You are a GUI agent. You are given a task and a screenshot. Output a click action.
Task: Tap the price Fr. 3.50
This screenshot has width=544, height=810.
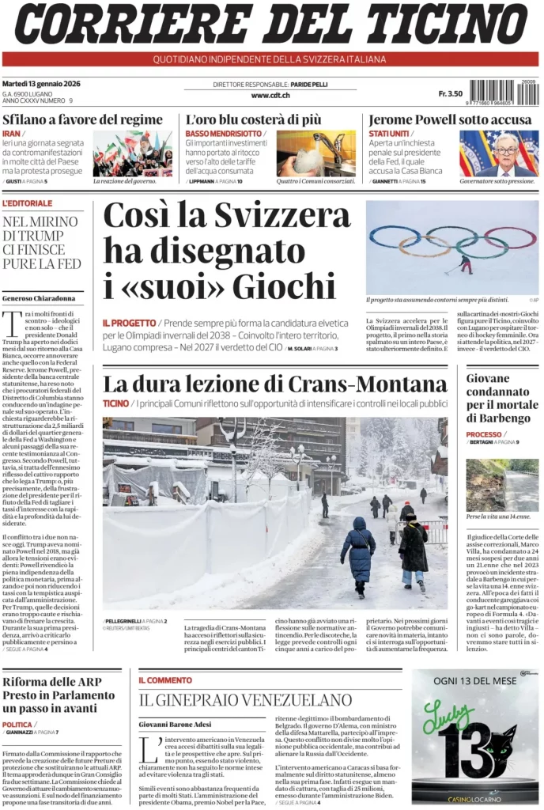click(x=450, y=94)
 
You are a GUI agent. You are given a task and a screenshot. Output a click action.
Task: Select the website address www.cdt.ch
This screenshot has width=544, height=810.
click(x=270, y=95)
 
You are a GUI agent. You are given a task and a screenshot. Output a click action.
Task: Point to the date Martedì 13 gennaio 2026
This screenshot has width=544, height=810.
click(x=41, y=84)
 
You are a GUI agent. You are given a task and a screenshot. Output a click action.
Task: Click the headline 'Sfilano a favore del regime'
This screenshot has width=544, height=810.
click(x=82, y=119)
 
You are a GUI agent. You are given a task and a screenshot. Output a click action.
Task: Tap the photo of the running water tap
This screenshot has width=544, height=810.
click(x=316, y=153)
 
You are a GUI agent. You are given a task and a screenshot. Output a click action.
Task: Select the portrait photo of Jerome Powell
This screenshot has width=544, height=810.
click(x=499, y=153)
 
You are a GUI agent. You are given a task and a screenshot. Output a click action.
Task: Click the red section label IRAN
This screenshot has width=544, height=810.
click(x=11, y=134)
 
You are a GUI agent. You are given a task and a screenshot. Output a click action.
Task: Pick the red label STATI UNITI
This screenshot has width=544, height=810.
click(x=389, y=134)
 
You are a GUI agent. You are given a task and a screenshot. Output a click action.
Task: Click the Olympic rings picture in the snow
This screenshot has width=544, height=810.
click(x=452, y=247)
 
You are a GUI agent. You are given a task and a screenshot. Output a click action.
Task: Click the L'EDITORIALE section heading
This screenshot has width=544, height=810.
click(x=28, y=203)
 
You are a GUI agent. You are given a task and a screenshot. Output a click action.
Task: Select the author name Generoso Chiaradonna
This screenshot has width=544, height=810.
click(x=39, y=298)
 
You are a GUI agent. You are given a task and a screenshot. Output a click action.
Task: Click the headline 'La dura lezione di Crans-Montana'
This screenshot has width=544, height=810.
click(x=274, y=384)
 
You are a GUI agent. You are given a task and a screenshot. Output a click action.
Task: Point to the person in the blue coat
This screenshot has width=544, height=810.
click(x=359, y=551)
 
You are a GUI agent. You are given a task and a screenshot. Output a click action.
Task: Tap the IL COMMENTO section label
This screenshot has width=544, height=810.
click(x=165, y=679)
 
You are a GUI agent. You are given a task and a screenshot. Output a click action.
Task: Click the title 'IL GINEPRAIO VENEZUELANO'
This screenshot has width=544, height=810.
click(x=245, y=699)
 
